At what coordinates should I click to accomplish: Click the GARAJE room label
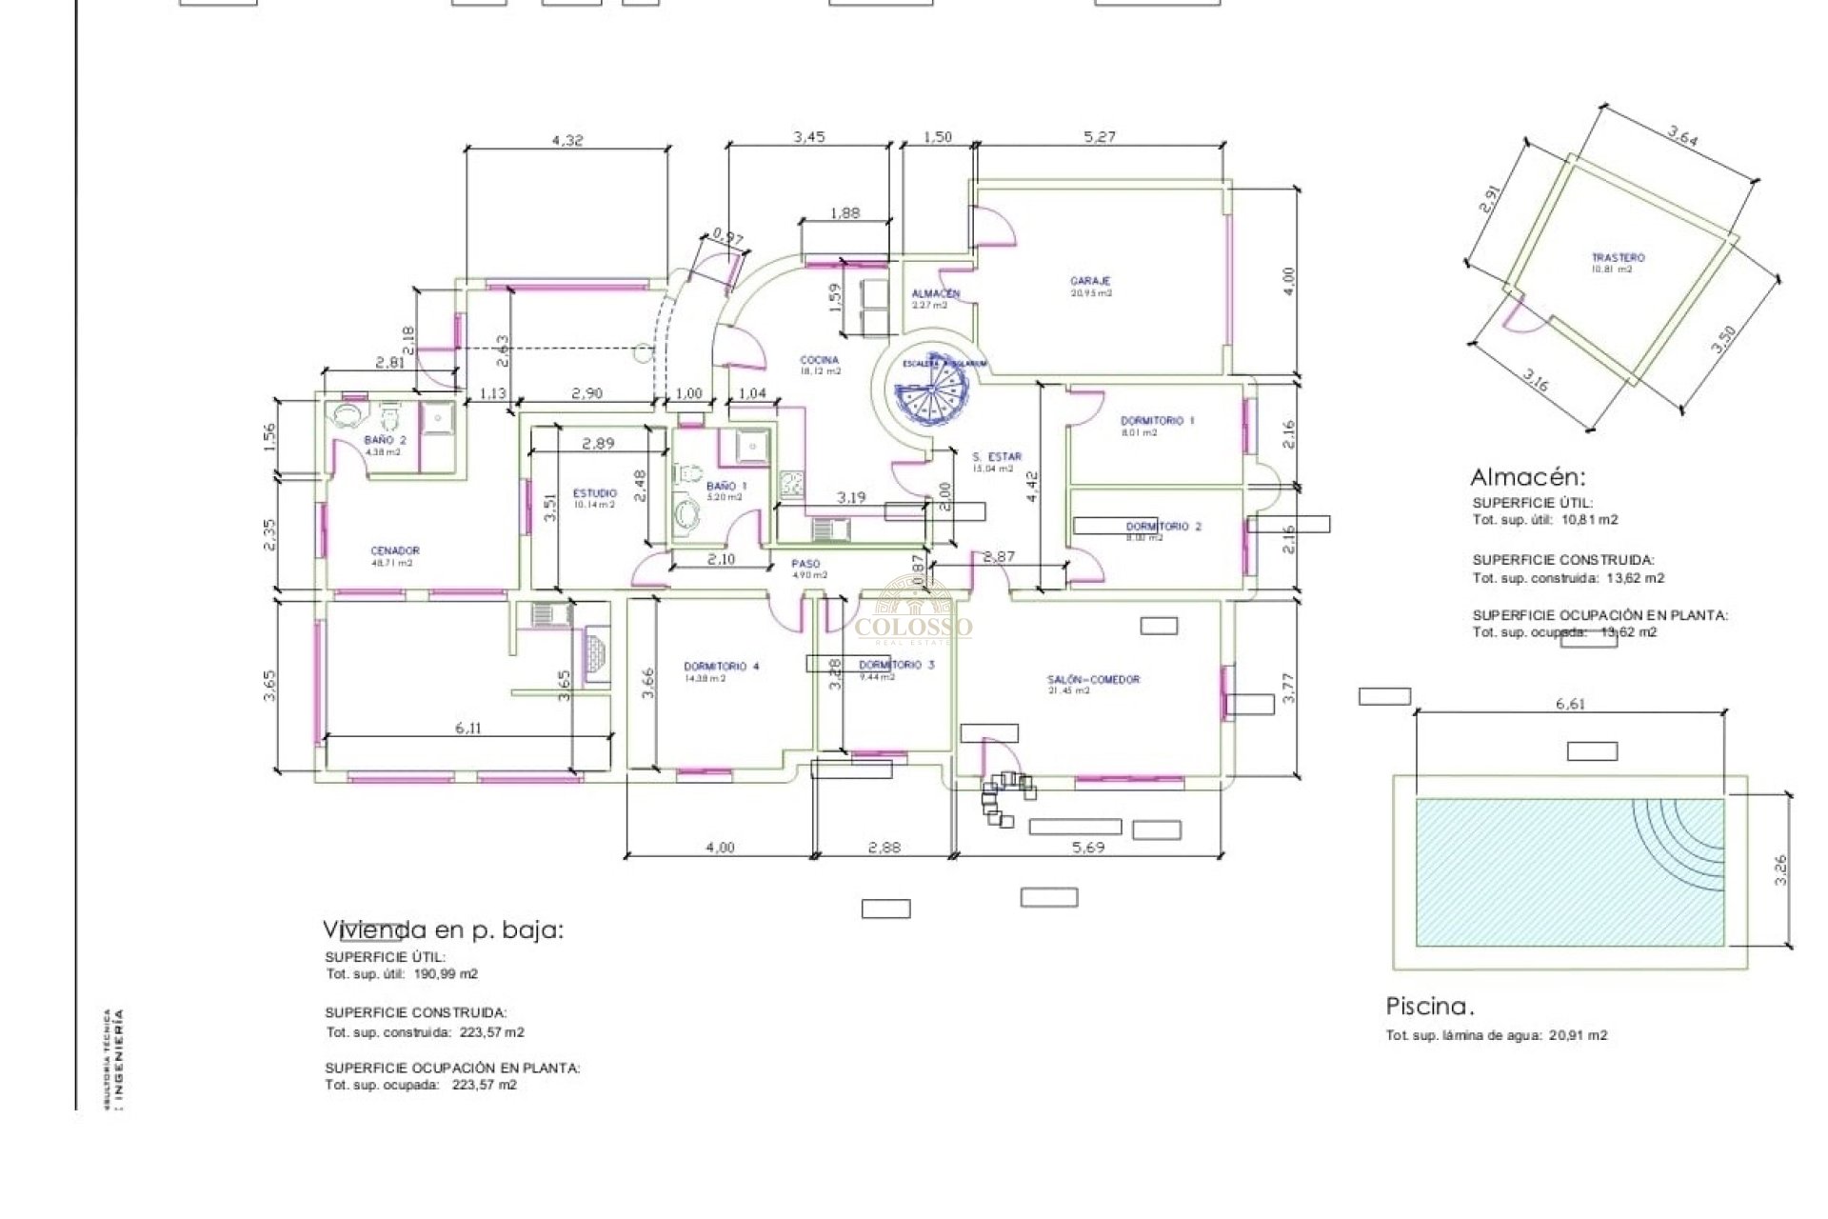[x=1090, y=281]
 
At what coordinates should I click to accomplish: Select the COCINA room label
[x=819, y=360]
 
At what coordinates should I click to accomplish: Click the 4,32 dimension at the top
[x=567, y=140]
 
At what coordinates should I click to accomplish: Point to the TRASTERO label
[x=1618, y=258]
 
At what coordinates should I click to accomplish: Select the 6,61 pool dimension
[x=1570, y=704]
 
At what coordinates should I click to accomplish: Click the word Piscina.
[x=1429, y=1007]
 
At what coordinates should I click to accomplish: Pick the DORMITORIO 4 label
[x=721, y=667]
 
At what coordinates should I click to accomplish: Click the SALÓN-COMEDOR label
[x=1093, y=680]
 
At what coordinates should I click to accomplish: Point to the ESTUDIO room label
[x=594, y=493]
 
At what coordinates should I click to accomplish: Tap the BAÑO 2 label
[x=385, y=440]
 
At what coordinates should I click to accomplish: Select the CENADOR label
[x=394, y=550]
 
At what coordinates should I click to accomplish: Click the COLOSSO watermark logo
[x=914, y=614]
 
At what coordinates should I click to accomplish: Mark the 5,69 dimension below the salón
[x=1087, y=847]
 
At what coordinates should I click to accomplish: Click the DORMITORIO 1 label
[x=1157, y=420]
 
